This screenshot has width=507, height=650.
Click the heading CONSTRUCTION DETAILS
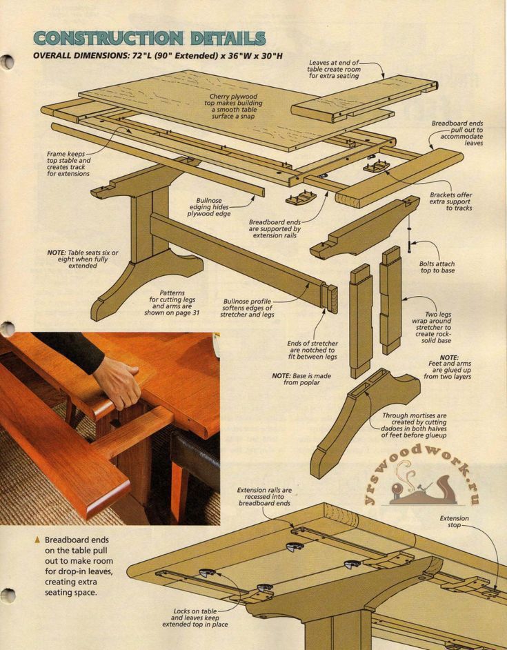pyautogui.click(x=149, y=38)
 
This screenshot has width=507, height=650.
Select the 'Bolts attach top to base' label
pyautogui.click(x=437, y=267)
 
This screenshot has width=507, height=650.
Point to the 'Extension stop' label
pyautogui.click(x=454, y=522)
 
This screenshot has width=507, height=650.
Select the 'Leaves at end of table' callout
pyautogui.click(x=333, y=69)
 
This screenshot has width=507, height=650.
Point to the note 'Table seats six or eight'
pyautogui.click(x=82, y=259)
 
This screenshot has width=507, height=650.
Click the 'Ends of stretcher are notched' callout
pyautogui.click(x=312, y=351)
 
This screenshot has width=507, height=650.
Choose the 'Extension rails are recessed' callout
pyautogui.click(x=265, y=497)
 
